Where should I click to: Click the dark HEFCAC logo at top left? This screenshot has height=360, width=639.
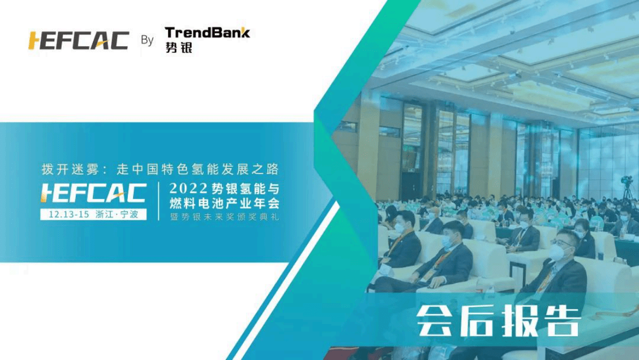coord(78,40)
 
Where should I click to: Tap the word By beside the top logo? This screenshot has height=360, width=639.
coord(147,40)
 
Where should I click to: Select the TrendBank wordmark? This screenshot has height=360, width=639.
coord(207,32)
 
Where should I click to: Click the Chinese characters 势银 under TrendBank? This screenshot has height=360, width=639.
coord(178,47)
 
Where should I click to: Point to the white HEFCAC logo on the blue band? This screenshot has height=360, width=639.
coord(93,193)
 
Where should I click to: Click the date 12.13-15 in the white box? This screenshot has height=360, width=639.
coord(69,214)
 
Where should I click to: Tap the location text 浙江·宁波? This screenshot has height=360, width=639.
coord(117,214)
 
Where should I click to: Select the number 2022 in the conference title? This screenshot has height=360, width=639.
coord(188,189)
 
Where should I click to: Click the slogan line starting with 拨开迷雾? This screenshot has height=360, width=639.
coord(160,169)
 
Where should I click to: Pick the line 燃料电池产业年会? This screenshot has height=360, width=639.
coord(224,202)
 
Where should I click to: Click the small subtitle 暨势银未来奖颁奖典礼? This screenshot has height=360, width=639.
coord(224,217)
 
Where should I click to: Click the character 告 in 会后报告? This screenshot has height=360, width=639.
coord(561,321)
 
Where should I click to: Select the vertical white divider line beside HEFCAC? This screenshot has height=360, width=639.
coord(158,201)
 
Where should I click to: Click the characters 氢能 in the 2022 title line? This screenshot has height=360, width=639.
coord(252,189)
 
